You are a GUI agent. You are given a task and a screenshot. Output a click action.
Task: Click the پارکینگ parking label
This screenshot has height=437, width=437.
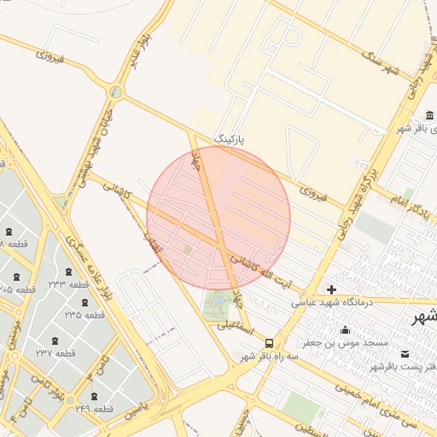[233, 137]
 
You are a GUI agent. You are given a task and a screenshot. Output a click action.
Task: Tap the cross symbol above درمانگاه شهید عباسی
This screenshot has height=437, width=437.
[331, 289]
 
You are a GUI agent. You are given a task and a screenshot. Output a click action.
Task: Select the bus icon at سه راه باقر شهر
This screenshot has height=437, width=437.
[270, 344]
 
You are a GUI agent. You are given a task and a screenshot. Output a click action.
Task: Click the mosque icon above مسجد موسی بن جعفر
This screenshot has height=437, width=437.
[345, 330]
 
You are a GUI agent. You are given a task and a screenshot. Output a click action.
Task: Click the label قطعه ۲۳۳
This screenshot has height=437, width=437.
[68, 284]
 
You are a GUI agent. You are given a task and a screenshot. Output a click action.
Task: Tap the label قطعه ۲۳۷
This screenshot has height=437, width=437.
[55, 353]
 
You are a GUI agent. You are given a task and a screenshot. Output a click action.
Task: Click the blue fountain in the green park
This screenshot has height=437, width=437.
[218, 300]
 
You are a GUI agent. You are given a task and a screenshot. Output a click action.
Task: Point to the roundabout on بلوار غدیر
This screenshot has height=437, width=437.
[115, 91]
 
